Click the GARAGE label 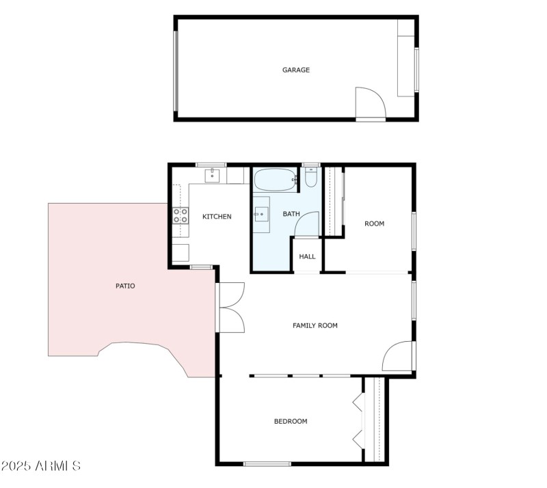click(296, 70)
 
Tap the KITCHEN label click(217, 217)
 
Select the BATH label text click(292, 214)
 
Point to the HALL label click(308, 256)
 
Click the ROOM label click(374, 223)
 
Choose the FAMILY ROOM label click(315, 325)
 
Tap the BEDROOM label click(291, 421)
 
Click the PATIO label click(125, 286)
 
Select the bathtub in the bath click(276, 181)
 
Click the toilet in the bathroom click(311, 178)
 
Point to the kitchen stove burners click(181, 216)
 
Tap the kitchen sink click(213, 175)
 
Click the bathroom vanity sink click(261, 215)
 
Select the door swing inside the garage click(371, 103)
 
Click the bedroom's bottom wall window click(267, 464)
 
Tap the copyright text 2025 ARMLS click(41, 466)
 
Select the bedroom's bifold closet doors click(358, 420)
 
